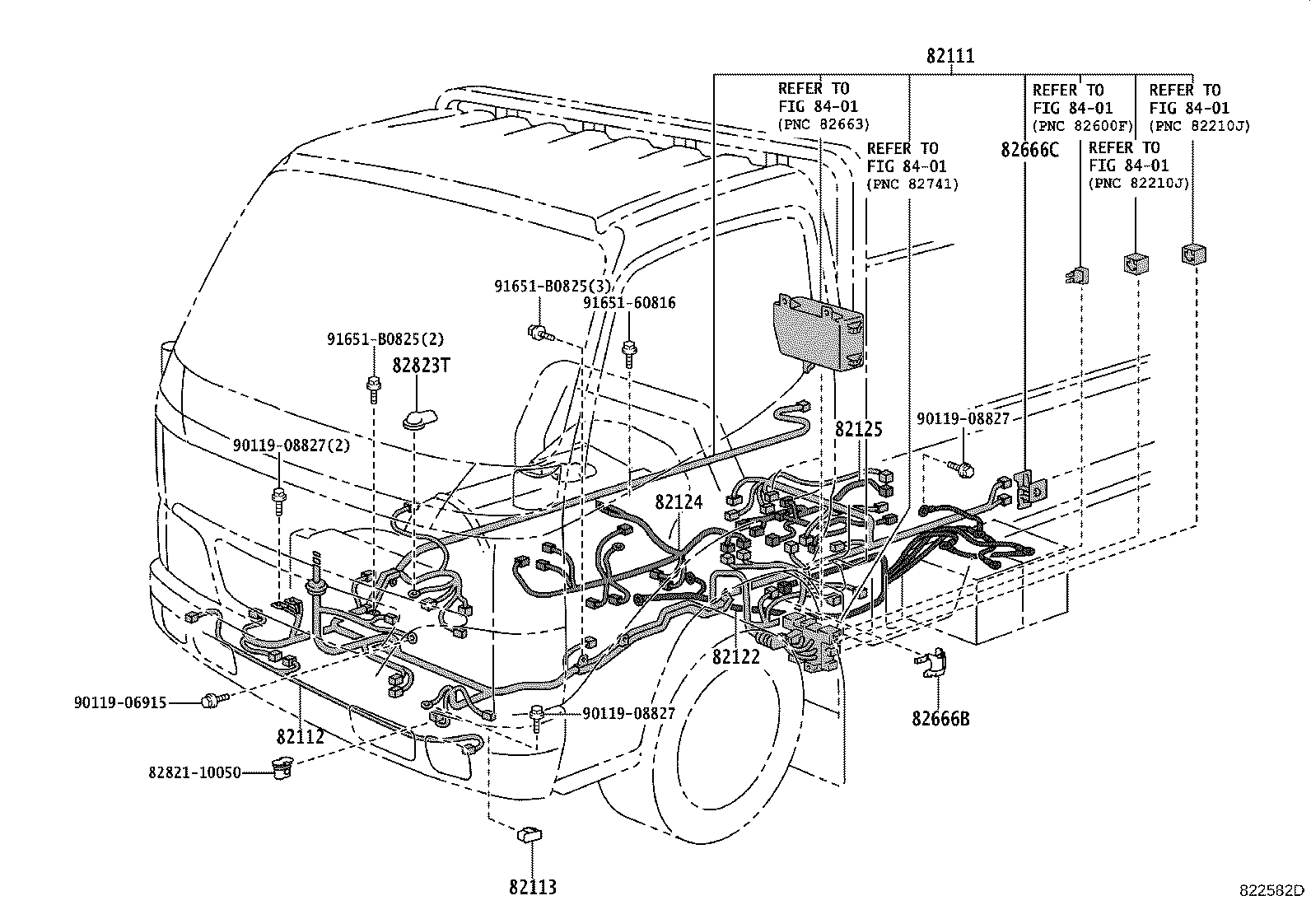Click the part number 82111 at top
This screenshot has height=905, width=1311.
pyautogui.click(x=949, y=56)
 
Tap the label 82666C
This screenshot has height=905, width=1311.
pyautogui.click(x=1029, y=150)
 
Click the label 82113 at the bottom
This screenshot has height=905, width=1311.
pyautogui.click(x=533, y=887)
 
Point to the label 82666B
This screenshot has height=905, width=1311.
pyautogui.click(x=940, y=718)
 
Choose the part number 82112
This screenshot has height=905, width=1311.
pyautogui.click(x=301, y=736)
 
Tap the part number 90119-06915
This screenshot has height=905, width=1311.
pyautogui.click(x=119, y=702)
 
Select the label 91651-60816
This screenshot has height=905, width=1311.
pyautogui.click(x=629, y=303)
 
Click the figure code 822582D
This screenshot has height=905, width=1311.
pyautogui.click(x=1273, y=890)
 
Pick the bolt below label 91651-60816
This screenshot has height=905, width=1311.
pyautogui.click(x=630, y=352)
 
